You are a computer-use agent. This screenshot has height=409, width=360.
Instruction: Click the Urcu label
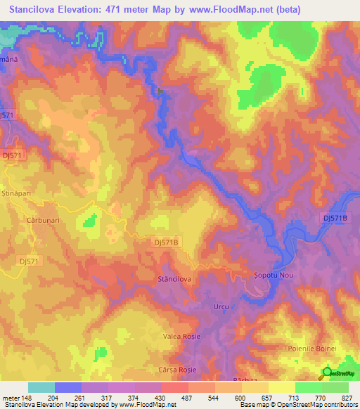click(221, 307)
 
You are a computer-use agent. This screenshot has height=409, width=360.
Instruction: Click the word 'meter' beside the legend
click(11, 397)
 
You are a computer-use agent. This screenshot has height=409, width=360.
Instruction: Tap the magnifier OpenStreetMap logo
click(326, 373)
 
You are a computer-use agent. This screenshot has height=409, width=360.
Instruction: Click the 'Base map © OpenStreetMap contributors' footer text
click(297, 405)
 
